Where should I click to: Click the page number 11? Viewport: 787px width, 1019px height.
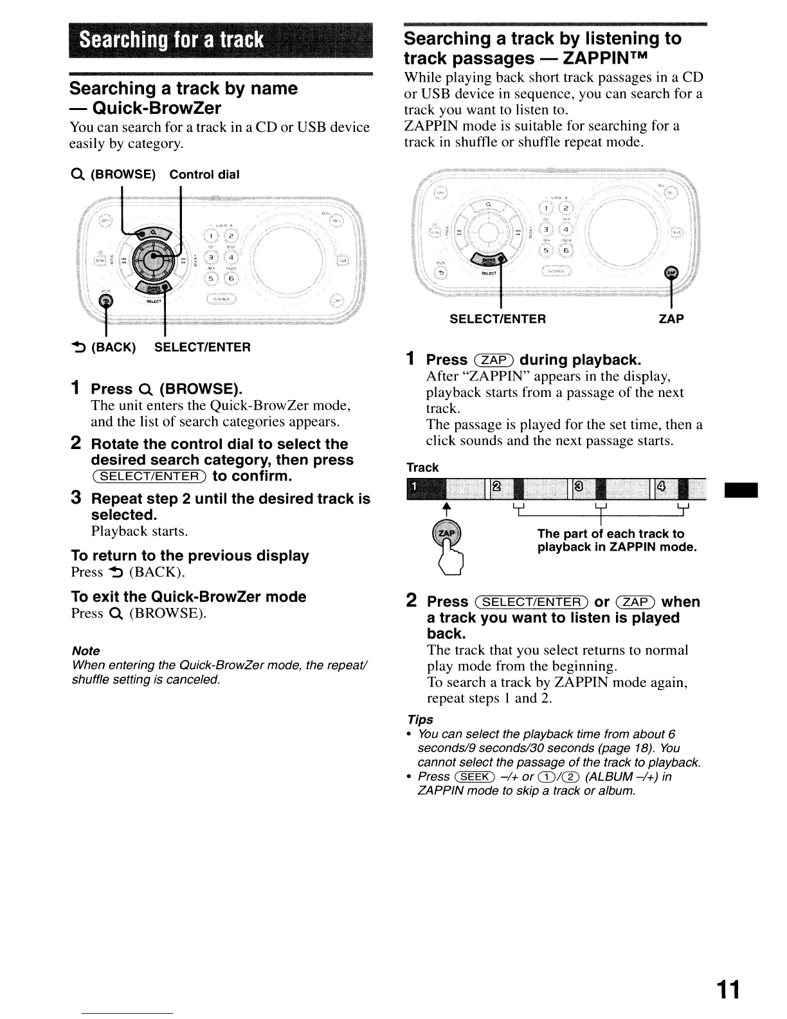tap(728, 989)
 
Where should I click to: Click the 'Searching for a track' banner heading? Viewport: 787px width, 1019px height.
tap(172, 40)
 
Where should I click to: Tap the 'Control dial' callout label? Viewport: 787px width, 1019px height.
tap(204, 175)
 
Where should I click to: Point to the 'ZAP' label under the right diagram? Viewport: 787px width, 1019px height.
tap(671, 319)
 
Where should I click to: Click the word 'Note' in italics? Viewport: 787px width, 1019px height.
tap(86, 651)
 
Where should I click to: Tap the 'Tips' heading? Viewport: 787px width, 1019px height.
tap(420, 719)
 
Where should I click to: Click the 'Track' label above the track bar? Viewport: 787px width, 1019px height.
tap(422, 468)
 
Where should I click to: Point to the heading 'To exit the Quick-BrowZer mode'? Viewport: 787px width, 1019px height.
tap(188, 597)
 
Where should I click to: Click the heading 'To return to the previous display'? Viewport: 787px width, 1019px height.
tap(190, 556)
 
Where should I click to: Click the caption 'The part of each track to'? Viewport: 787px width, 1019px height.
tap(610, 534)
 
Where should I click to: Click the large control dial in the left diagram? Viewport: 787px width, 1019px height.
tap(152, 259)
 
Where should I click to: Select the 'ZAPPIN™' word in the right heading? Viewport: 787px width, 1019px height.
tap(605, 59)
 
